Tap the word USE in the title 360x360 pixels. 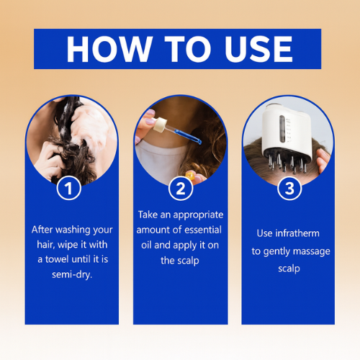coord(258,49)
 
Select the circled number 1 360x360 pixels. coord(69,189)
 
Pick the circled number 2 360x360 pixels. coord(181,189)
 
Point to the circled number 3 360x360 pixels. coord(289,189)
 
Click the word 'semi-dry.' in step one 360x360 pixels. coord(72,274)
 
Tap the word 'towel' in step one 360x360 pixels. coord(58,259)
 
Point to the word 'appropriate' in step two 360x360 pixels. coord(198,215)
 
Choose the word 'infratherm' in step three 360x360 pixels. coord(297,233)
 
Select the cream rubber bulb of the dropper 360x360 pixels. coord(160,125)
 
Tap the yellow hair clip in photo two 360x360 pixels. coord(190,175)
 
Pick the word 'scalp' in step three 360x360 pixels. coord(289,269)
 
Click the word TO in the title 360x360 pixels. coord(188,49)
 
